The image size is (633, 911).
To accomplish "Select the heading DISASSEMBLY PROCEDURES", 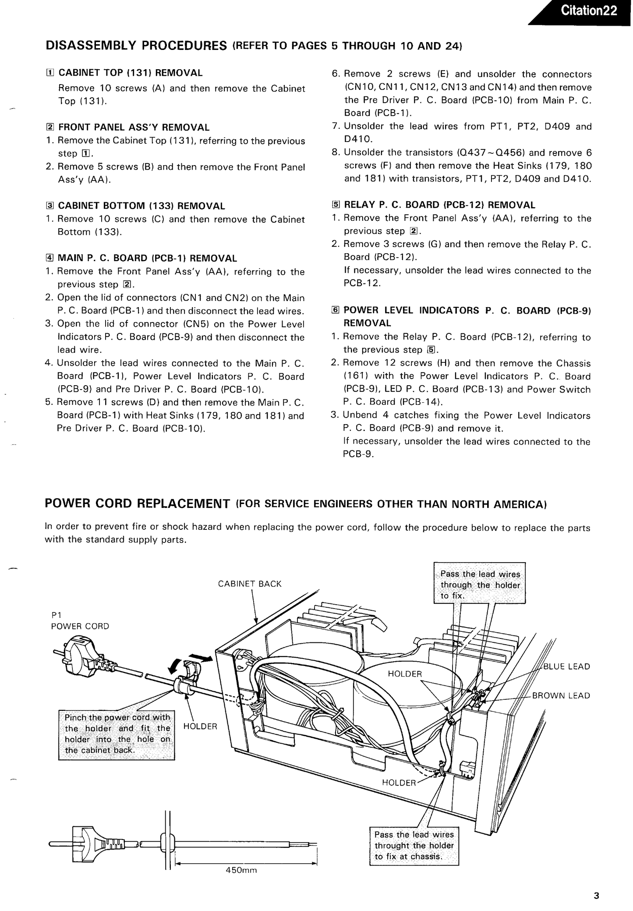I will pyautogui.click(x=136, y=46).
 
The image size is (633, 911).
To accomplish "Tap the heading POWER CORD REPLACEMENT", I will pyautogui.click(x=138, y=503).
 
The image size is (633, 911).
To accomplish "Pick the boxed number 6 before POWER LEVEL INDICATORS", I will pyautogui.click(x=336, y=310).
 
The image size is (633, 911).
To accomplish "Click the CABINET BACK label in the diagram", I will pyautogui.click(x=250, y=584).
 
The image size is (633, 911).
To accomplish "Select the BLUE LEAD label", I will pyautogui.click(x=567, y=666).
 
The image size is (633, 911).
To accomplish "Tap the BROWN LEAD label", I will pyautogui.click(x=561, y=696).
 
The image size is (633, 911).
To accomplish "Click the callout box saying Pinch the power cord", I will pyautogui.click(x=117, y=734).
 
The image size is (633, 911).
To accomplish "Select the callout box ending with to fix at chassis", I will pyautogui.click(x=414, y=845).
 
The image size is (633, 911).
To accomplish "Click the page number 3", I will pyautogui.click(x=596, y=896).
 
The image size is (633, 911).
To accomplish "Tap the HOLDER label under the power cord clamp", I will pyautogui.click(x=200, y=726).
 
